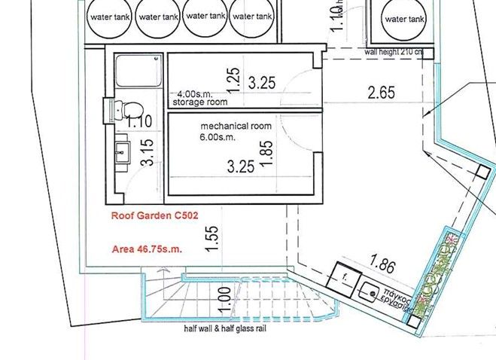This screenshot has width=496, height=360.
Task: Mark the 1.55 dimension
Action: [213, 239]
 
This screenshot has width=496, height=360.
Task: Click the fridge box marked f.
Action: [345, 276]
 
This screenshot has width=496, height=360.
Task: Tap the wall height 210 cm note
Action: [393, 53]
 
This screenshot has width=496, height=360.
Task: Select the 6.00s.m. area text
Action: [217, 139]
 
